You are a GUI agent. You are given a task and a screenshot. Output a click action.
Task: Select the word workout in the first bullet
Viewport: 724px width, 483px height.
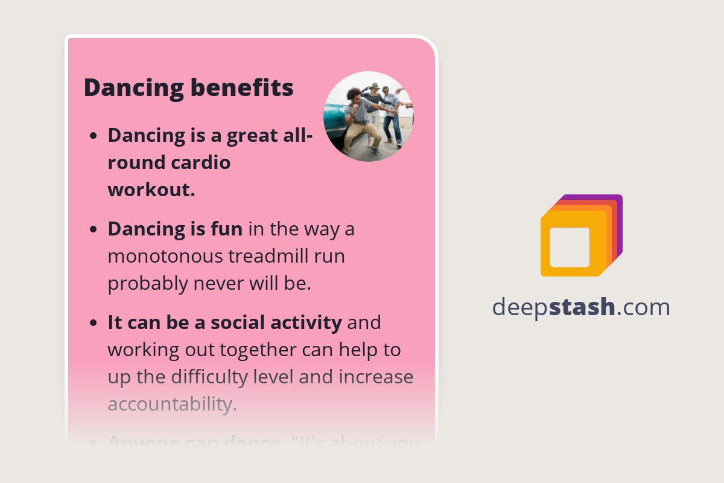pyautogui.click(x=150, y=190)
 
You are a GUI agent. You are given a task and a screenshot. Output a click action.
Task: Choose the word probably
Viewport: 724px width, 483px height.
pyautogui.click(x=148, y=284)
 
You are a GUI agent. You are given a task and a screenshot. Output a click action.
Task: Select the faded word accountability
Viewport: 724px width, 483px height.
pyautogui.click(x=171, y=405)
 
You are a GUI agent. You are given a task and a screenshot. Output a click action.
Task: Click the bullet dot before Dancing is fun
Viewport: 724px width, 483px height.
pyautogui.click(x=93, y=230)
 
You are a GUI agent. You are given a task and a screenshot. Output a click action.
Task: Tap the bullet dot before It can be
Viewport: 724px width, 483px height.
pyautogui.click(x=93, y=324)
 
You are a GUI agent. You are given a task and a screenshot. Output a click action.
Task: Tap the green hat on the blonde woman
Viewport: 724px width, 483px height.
pyautogui.click(x=375, y=86)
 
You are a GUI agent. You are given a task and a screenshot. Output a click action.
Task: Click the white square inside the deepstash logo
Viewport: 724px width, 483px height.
pyautogui.click(x=570, y=247)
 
